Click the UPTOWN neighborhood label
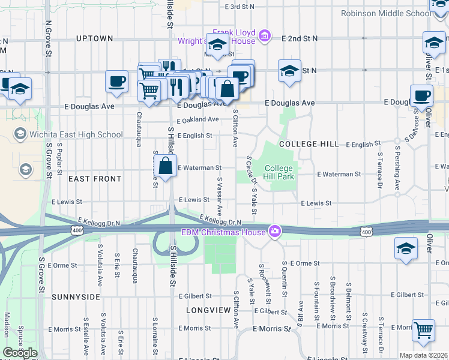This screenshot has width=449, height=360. tap(95, 38)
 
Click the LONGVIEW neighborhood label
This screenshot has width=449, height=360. tap(208, 310)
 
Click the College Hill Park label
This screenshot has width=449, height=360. tap(279, 173)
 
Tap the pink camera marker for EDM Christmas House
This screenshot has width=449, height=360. tap(275, 231)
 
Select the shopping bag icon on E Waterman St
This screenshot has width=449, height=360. tap(165, 165)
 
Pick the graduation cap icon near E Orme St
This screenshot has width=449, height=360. tap(406, 248)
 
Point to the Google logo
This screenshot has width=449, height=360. tap(20, 353)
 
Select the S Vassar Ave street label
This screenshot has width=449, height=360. tap(220, 197)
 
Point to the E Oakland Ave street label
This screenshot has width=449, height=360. tap(197, 119)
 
